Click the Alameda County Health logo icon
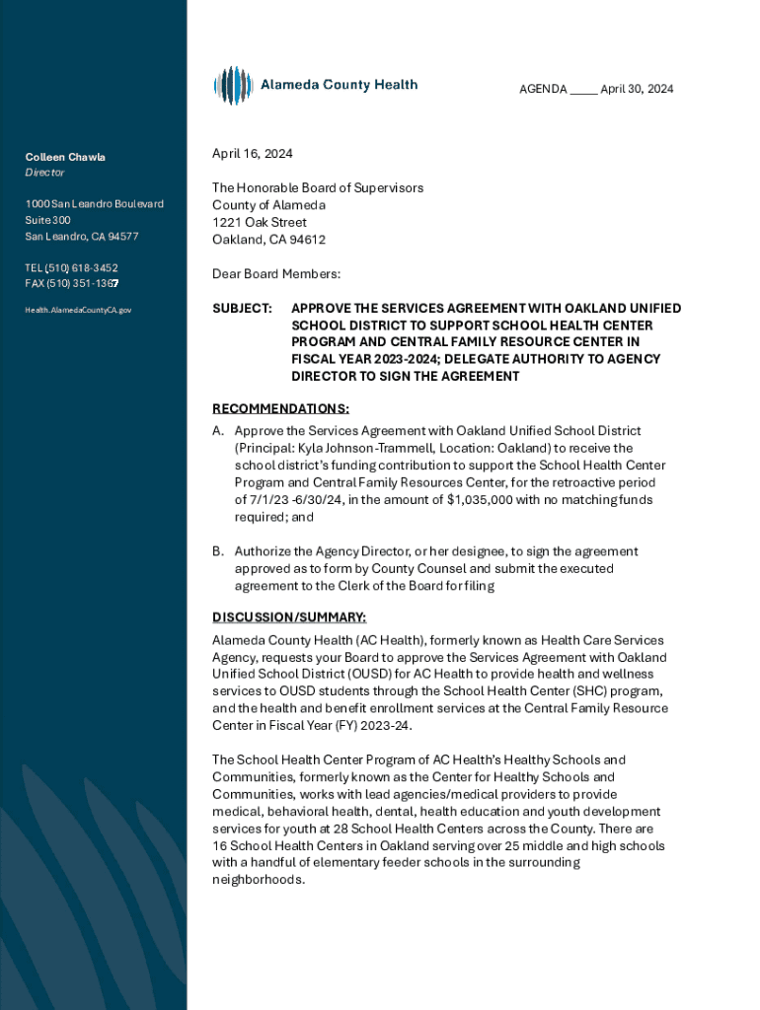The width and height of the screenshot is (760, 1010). coord(233,86)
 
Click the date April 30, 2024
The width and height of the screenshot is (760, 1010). coord(638,89)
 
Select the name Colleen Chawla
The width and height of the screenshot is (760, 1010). coord(65,157)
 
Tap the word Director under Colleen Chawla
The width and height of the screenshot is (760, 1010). coord(45,173)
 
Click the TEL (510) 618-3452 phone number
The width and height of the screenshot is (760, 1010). coord(71,267)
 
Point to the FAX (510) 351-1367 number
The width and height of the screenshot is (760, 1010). coord(71,283)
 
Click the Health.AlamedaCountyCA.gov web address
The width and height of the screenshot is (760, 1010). coord(78,310)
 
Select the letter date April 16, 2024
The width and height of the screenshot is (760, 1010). coord(253,154)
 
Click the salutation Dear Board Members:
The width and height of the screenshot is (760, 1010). coord(276,273)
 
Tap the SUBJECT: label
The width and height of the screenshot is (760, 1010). coord(243,309)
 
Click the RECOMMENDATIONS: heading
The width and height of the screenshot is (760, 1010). coord(281,408)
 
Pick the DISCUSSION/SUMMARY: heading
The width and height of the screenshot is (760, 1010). coord(290,617)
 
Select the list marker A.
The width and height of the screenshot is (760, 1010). coord(218,431)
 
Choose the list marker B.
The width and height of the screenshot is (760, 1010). coord(218,551)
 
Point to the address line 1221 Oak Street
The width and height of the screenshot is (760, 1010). coord(260,222)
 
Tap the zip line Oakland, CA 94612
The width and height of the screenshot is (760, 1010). coord(268,240)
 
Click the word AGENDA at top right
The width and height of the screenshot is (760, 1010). coord(543,89)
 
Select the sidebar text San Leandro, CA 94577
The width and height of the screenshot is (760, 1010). coord(82,237)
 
